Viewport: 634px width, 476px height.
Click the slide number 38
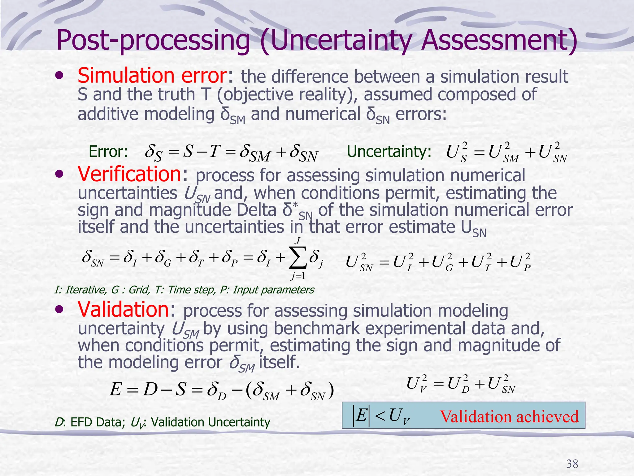pos(572,464)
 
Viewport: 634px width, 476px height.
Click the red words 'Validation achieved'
pos(509,416)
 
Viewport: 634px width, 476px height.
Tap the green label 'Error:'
pos(108,152)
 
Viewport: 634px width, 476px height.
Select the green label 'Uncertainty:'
pos(389,152)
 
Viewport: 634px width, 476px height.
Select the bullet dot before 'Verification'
pos(59,175)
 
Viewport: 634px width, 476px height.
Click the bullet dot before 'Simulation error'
pos(59,76)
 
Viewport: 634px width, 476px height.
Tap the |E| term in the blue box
pos(361,415)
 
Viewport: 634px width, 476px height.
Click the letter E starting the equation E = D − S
pos(116,389)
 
